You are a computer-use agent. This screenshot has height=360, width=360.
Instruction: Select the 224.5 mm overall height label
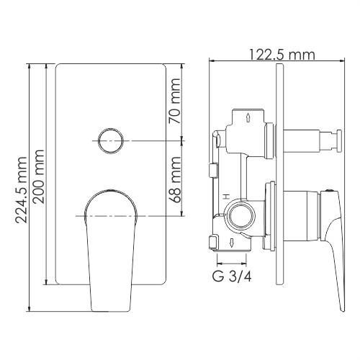(x=22, y=187)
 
